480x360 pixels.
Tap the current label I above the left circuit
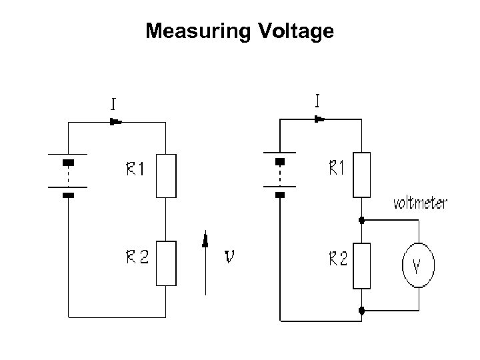[113, 104]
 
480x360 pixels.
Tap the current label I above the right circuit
[317, 101]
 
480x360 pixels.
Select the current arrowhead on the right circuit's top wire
[319, 119]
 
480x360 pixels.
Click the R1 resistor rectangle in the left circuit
[166, 175]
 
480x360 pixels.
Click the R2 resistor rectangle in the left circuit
[166, 263]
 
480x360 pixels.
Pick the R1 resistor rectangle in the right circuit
[361, 175]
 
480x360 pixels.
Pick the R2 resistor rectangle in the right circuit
[361, 265]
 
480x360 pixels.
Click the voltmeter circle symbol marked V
[419, 265]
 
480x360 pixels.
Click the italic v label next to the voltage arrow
[228, 256]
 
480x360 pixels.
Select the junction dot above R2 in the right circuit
[361, 220]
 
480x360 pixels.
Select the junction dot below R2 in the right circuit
[361, 311]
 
